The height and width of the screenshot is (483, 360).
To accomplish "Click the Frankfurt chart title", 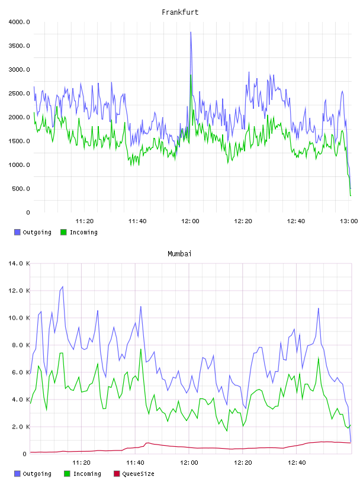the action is tap(180, 12).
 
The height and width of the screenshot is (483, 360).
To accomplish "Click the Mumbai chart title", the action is tap(179, 254).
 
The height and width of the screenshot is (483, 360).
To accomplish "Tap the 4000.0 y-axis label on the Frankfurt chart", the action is tap(20, 22).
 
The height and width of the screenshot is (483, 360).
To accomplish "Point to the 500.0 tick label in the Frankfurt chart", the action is tap(21, 188).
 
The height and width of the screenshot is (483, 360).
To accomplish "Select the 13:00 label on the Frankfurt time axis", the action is tap(349, 221).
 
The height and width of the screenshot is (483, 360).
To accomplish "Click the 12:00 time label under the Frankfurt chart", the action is tap(190, 221).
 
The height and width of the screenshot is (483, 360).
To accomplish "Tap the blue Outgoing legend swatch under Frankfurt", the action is tap(17, 232).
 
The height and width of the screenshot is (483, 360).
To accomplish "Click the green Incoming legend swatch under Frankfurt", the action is tap(63, 232).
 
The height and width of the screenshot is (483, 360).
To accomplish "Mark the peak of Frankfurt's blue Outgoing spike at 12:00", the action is tap(191, 32).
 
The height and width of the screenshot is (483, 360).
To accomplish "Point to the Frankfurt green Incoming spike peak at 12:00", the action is tap(191, 75).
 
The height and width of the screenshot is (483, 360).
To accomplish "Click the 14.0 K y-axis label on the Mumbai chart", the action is tap(20, 263).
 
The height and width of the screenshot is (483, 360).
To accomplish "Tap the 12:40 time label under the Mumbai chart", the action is tap(297, 463).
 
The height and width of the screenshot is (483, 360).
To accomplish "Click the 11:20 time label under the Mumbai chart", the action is tap(81, 463).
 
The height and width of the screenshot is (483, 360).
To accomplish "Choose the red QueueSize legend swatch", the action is tap(117, 474).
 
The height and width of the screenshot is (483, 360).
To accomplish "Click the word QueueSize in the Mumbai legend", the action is tap(138, 474).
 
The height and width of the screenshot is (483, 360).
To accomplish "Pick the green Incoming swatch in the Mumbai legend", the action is tap(67, 474).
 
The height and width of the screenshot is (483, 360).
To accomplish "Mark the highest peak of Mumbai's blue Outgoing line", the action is tap(63, 286).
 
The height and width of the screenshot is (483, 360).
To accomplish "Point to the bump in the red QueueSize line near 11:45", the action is tap(148, 443).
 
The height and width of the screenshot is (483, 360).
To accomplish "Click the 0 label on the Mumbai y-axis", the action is tap(25, 454).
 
